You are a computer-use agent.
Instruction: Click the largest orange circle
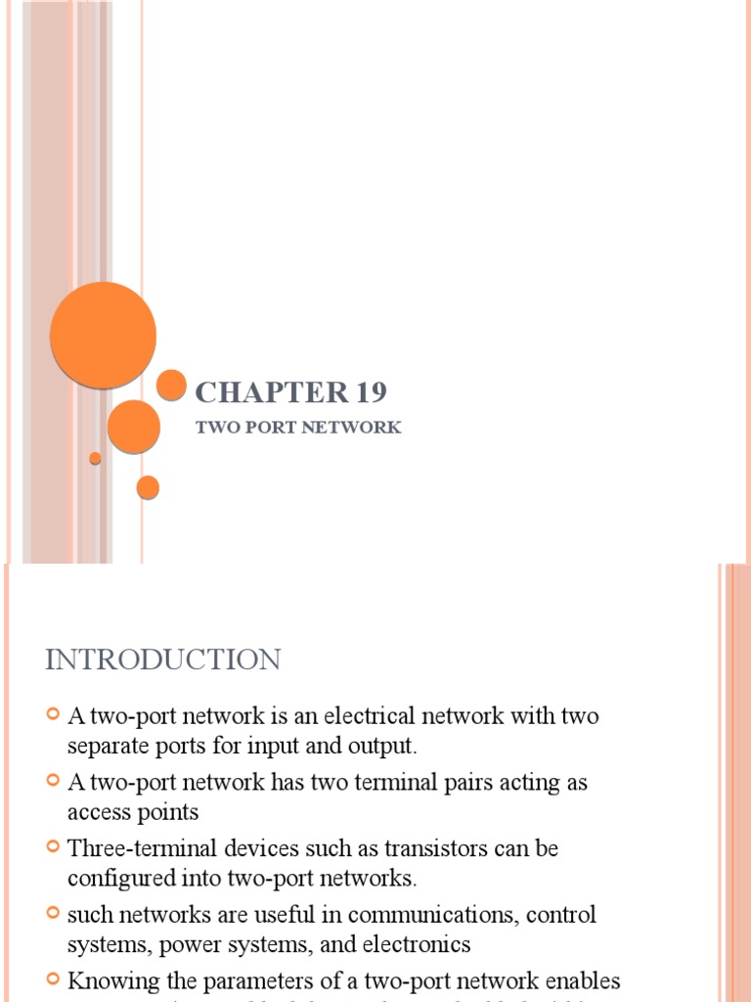click(x=103, y=335)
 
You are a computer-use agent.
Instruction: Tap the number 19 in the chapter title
click(x=372, y=392)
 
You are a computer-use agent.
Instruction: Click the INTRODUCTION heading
click(x=162, y=660)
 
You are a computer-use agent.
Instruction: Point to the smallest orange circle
click(x=95, y=458)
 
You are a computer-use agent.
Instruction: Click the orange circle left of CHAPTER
click(x=171, y=386)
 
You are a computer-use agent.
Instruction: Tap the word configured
click(x=115, y=878)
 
